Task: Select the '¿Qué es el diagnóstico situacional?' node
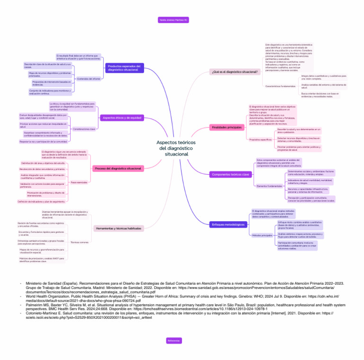click(x=234, y=72)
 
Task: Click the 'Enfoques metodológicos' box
click(x=227, y=224)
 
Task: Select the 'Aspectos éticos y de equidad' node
click(x=121, y=117)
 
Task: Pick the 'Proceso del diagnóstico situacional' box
click(x=118, y=169)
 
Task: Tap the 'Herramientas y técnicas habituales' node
click(x=118, y=228)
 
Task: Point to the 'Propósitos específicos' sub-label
click(x=260, y=140)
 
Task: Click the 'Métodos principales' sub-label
click(x=261, y=235)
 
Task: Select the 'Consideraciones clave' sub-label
click(x=84, y=129)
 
